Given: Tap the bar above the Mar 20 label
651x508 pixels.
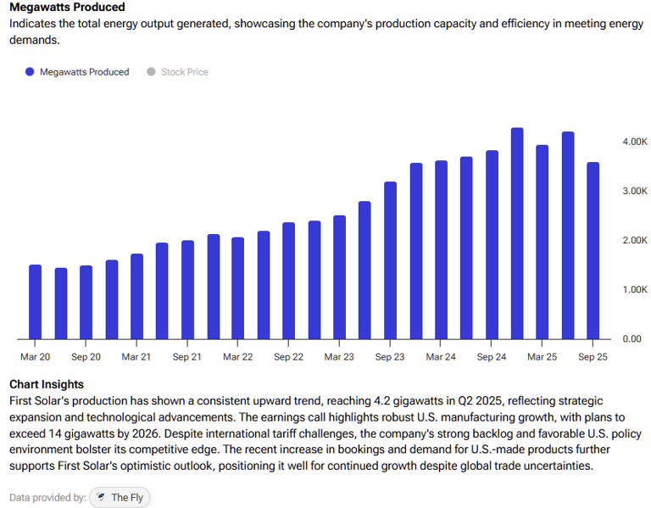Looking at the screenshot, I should (x=35, y=302).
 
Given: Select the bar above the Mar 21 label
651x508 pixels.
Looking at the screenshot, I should (x=136, y=296).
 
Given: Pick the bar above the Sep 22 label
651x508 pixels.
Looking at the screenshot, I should (x=289, y=281).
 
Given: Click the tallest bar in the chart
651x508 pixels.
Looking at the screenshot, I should (x=517, y=234).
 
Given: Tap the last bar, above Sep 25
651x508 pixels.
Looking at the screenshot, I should (x=593, y=251).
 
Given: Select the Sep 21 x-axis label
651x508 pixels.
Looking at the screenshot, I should (x=187, y=357).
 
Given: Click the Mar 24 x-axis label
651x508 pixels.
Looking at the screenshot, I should (x=441, y=357).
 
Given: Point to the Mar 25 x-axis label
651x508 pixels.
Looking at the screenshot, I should (x=542, y=357).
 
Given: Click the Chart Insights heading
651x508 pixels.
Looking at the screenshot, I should (x=47, y=385).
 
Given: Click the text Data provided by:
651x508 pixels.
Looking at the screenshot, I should (x=47, y=498).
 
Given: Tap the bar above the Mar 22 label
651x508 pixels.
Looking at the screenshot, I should (x=238, y=288).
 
